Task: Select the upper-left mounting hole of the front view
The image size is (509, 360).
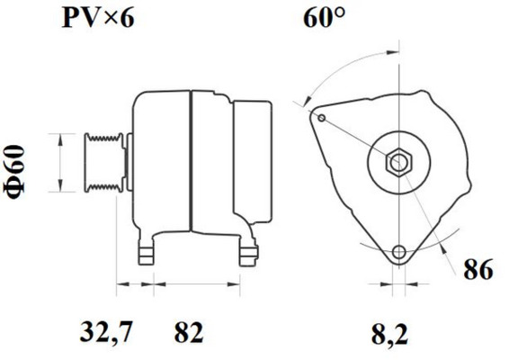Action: (x=321, y=115)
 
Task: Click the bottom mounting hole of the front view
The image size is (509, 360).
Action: (x=398, y=252)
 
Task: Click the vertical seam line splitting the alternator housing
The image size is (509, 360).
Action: (x=191, y=162)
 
